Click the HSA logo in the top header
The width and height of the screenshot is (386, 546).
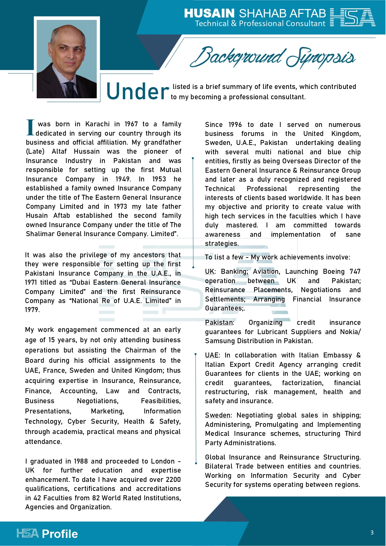[352, 17]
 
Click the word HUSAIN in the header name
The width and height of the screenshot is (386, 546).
[209, 13]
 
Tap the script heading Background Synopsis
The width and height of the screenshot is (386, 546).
[272, 57]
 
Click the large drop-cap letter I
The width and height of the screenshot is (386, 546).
[30, 128]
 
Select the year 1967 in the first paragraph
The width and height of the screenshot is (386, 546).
[131, 124]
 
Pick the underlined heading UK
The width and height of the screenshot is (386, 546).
[209, 272]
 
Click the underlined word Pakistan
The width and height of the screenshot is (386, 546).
[219, 323]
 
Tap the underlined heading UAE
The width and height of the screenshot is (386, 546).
[212, 355]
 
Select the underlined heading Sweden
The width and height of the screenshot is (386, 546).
[217, 415]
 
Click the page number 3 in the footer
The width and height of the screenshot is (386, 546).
[372, 533]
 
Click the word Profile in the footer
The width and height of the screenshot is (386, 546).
[60, 534]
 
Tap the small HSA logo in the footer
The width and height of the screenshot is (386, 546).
[27, 533]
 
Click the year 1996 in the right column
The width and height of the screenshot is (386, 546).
[235, 125]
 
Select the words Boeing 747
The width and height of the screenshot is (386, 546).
[342, 272]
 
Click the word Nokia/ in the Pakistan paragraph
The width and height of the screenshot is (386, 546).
[350, 332]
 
